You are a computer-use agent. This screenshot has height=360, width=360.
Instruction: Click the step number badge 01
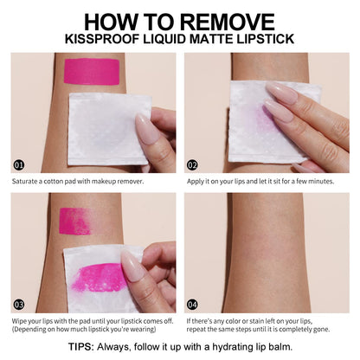tap(19, 165)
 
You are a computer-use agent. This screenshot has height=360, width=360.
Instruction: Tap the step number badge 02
tap(192, 165)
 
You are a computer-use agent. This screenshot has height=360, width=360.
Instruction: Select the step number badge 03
tap(19, 305)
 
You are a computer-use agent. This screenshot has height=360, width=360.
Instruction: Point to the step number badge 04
tap(192, 305)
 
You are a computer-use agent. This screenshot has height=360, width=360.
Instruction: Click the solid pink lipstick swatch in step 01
tap(92, 72)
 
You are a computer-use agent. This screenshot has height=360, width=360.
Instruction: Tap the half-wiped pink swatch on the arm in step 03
tap(75, 221)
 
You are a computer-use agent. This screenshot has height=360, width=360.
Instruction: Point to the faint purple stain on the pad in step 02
tap(261, 119)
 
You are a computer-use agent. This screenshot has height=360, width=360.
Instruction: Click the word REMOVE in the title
tap(228, 22)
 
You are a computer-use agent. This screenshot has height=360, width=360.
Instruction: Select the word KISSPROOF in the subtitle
tap(102, 39)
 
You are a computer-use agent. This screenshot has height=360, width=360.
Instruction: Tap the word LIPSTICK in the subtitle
tap(266, 39)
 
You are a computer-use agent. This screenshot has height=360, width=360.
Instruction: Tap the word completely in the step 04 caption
tap(292, 329)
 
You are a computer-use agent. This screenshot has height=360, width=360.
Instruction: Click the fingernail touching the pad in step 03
tap(132, 265)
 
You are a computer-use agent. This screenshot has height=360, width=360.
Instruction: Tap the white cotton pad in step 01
tap(109, 129)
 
